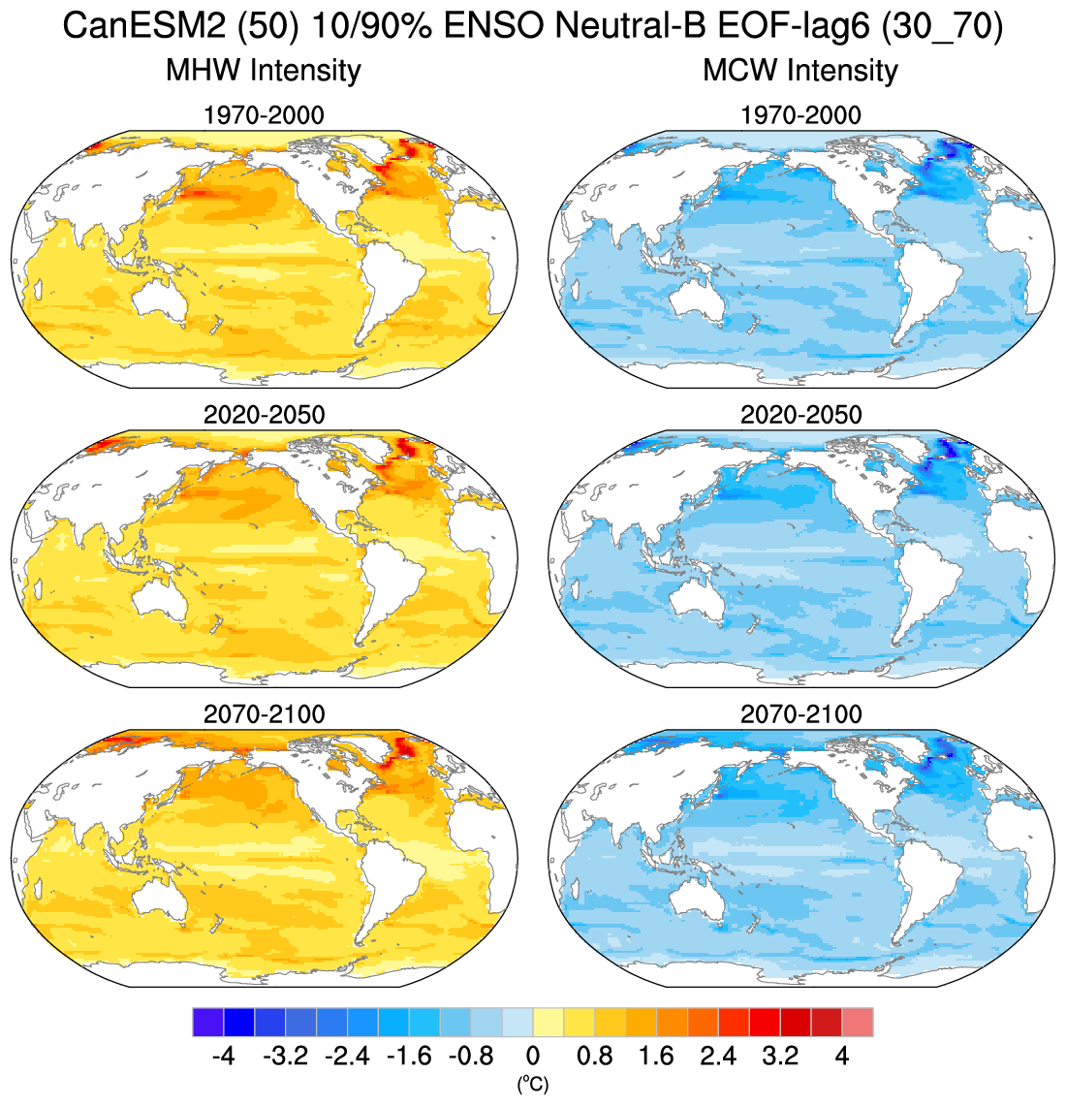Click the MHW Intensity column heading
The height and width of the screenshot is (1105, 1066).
(264, 70)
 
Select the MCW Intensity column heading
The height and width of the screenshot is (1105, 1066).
(800, 70)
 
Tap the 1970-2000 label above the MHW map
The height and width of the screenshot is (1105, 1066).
(264, 115)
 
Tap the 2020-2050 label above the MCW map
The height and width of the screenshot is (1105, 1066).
(800, 415)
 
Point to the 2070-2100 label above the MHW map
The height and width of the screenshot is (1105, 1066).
(264, 714)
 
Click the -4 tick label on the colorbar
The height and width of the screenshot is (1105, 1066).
(224, 1056)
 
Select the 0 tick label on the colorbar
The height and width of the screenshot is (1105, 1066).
(533, 1056)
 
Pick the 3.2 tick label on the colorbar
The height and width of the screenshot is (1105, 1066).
(780, 1056)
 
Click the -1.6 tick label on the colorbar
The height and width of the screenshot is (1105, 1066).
(409, 1056)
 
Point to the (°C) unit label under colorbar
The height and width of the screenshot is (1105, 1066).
(533, 1085)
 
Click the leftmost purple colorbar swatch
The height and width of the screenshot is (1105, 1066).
(208, 1023)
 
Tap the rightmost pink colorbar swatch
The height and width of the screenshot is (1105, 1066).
(858, 1023)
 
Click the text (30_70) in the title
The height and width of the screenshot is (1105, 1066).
(942, 27)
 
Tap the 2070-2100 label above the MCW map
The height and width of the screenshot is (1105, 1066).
(800, 714)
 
